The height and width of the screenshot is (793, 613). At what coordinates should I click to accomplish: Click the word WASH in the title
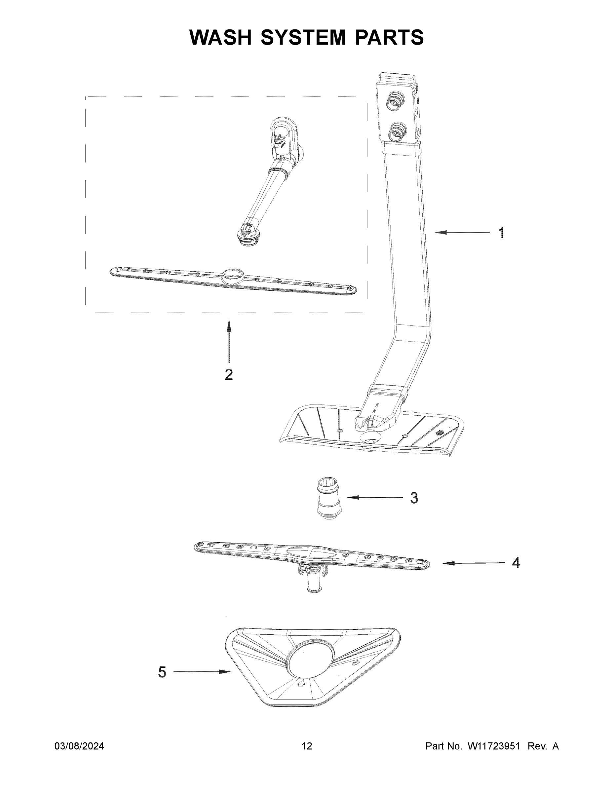pos(220,37)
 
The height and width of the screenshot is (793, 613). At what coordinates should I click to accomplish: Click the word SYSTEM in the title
pos(303,37)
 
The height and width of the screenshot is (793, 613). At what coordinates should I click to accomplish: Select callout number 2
pos(228,374)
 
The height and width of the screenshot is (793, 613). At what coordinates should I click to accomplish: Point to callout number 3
pos(414,498)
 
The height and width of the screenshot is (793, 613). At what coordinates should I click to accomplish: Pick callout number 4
pos(516,563)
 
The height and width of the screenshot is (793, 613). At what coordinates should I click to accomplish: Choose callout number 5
pos(162,672)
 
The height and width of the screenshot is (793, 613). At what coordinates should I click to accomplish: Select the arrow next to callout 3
pos(375,497)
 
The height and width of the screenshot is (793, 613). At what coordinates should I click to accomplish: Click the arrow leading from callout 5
pos(202,672)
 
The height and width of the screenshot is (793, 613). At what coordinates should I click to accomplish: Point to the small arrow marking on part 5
pos(300,684)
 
